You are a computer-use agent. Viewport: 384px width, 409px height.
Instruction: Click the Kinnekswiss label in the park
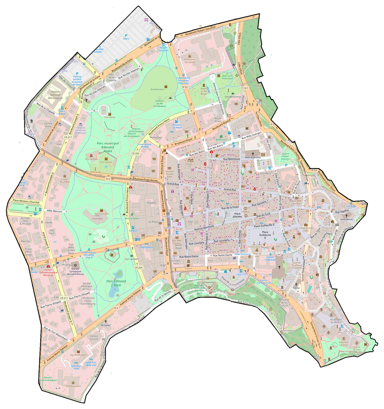coord(157,89)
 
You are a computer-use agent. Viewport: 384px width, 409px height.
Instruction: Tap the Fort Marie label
coord(109,117)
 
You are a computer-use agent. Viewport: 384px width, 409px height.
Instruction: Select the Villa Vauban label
coord(91,159)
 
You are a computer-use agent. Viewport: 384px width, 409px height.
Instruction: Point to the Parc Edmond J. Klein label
coord(116,283)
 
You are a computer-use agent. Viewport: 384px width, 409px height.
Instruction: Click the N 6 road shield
coord(108,179)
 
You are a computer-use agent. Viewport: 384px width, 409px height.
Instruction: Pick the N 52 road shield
coord(185,87)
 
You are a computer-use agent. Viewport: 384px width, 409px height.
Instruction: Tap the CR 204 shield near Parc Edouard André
coord(135,153)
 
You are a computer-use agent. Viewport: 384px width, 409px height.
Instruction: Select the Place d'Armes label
coord(237,215)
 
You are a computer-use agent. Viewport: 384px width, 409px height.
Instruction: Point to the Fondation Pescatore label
coord(190,61)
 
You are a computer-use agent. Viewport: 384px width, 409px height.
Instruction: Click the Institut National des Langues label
coord(55,95)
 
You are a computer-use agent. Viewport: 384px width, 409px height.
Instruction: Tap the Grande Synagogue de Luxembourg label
coord(75,271)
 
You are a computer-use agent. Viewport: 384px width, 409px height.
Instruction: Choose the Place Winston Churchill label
coord(26,201)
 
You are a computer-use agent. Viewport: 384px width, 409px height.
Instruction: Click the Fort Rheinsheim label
coord(78,355)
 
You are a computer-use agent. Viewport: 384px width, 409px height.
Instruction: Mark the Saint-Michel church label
coord(346,219)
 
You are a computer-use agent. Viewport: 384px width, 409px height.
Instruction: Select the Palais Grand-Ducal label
coord(306,229)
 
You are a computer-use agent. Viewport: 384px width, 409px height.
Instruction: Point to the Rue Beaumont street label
coord(232,159)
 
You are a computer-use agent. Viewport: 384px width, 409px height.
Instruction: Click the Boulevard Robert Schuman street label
coord(200,31)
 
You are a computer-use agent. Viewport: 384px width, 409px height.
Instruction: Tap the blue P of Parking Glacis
coord(126,36)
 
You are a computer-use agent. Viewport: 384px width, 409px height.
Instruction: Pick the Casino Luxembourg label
coord(188,270)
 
